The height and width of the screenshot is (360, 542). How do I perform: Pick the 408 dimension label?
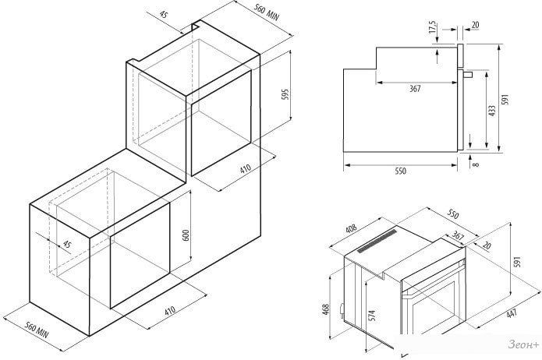[x=352, y=229]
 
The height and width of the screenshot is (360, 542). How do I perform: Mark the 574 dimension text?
[x=373, y=315]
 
